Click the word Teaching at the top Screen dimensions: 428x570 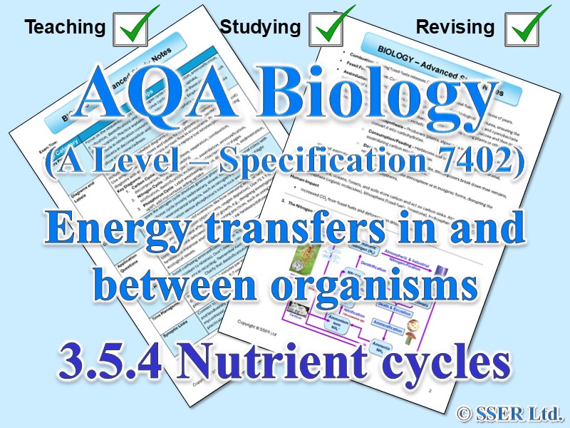(x=65, y=27)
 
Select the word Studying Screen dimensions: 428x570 (x=260, y=27)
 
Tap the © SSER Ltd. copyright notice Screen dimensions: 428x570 (x=512, y=412)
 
